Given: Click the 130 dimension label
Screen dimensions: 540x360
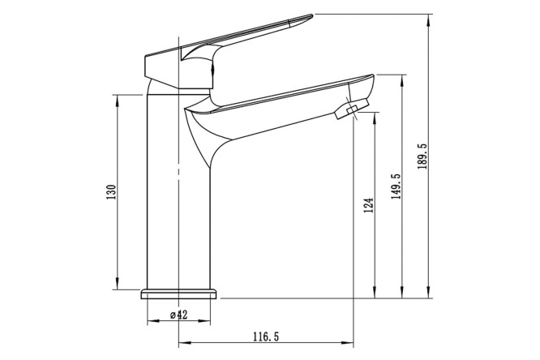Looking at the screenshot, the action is [x=111, y=192].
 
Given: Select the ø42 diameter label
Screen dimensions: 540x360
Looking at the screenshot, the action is [x=178, y=315].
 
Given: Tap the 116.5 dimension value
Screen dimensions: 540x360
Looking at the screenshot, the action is [x=265, y=336].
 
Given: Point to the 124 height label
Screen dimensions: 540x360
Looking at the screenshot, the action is [x=368, y=205].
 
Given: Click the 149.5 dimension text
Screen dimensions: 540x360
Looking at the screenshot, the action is [x=396, y=186].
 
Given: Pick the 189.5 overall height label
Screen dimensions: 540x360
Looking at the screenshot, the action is [x=422, y=156].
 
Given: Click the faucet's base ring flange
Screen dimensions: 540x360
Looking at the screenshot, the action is [x=178, y=294].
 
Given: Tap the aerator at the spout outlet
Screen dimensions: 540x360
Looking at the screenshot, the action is [x=351, y=109].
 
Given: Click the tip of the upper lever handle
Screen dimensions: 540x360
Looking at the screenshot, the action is [x=312, y=15].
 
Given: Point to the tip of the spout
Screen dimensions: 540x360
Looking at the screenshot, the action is [x=373, y=75].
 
